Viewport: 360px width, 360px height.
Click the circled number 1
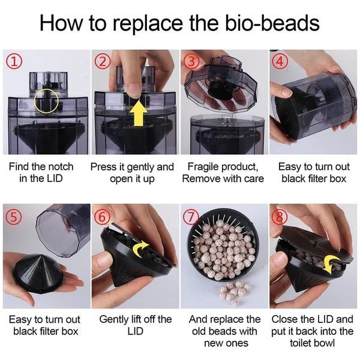pyautogui.click(x=14, y=62)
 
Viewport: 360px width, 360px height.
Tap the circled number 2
pyautogui.click(x=103, y=62)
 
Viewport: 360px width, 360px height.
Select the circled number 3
pyautogui.click(x=191, y=62)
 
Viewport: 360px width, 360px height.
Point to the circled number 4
pyautogui.click(x=280, y=61)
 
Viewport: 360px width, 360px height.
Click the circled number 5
pyautogui.click(x=14, y=217)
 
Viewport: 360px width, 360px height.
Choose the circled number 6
pyautogui.click(x=103, y=217)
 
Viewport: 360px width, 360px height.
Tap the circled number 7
pyautogui.click(x=191, y=217)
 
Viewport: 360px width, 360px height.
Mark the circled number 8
pyautogui.click(x=279, y=216)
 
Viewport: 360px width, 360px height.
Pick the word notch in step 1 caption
pyautogui.click(x=60, y=167)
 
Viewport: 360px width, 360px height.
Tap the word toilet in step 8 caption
pyautogui.click(x=300, y=343)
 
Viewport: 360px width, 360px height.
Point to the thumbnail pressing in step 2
pyautogui.click(x=134, y=90)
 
